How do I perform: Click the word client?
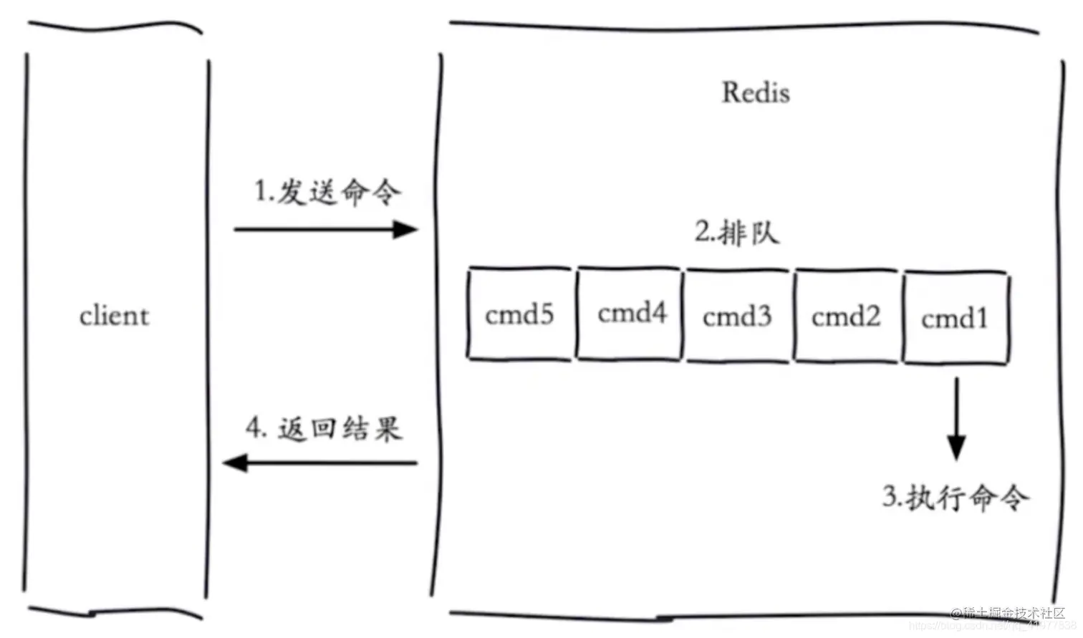115,316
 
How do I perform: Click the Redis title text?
756,92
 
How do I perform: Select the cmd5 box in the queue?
520,314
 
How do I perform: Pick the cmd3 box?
737,316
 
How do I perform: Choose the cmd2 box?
846,316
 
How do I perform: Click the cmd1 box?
956,317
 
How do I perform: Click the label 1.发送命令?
327,192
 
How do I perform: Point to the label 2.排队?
736,232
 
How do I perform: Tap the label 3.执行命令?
956,497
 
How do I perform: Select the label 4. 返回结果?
324,428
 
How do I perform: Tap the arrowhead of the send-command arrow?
406,230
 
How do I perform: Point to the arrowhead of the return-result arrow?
235,463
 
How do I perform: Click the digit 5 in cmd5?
546,314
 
